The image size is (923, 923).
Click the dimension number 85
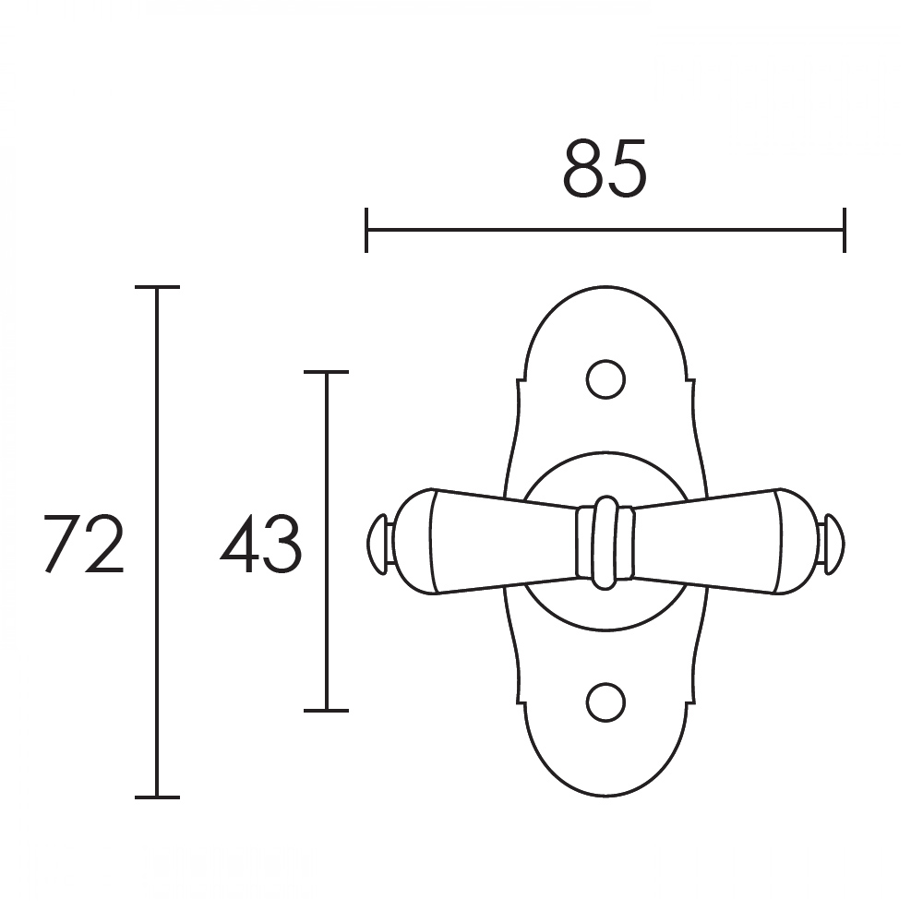pos(605,170)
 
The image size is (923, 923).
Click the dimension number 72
pos(84,544)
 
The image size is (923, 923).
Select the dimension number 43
pos(261,544)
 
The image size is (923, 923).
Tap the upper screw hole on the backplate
pos(605,379)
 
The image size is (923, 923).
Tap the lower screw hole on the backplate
pos(605,702)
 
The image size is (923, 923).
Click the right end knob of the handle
pos(833,544)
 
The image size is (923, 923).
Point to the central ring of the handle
pos(605,542)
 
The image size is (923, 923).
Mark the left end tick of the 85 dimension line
pos(366,230)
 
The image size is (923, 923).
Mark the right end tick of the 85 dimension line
pos(845,230)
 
